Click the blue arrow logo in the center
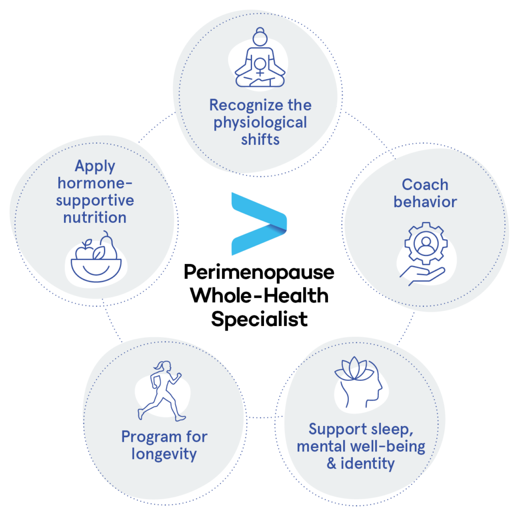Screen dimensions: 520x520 tap(258, 224)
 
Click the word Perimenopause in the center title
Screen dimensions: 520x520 tap(259, 273)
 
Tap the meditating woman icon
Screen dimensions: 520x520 tap(260, 58)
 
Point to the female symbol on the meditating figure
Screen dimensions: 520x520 tap(261, 67)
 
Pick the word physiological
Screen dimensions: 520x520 tap(261, 123)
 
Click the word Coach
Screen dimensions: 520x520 tap(425, 185)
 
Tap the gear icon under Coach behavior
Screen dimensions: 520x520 tap(426, 243)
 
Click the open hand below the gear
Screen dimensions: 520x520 tap(422, 276)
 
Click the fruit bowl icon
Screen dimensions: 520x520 tap(96, 256)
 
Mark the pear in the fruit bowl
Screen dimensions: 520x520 tap(109, 245)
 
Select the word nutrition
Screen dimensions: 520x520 tap(95, 218)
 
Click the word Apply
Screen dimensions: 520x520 tap(95, 167)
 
